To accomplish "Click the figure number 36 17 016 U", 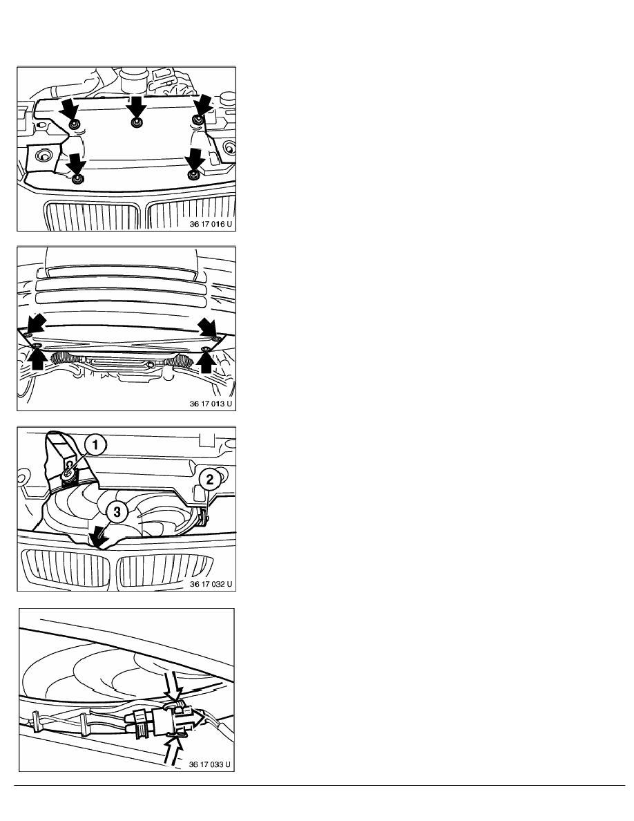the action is (210, 224).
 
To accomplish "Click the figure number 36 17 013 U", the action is (210, 404).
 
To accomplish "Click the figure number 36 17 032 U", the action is (210, 584).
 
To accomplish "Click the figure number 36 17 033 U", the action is (209, 764).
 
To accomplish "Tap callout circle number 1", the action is (95, 446).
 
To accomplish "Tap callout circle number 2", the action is (210, 479).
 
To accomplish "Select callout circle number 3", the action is (117, 511).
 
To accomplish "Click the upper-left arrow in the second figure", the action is (37, 323).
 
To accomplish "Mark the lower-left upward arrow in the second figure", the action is (38, 360).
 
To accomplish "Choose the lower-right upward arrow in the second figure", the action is (206, 361).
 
